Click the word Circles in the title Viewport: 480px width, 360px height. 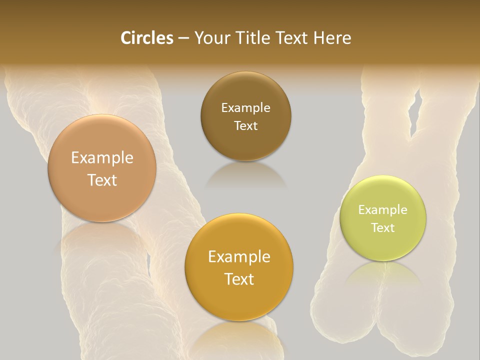pyautogui.click(x=146, y=38)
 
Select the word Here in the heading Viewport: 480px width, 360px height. pyautogui.click(x=332, y=38)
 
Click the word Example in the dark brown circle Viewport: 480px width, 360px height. pyautogui.click(x=245, y=108)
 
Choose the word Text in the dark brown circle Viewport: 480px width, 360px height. pyautogui.click(x=245, y=125)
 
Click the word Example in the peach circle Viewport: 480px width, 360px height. pyautogui.click(x=102, y=158)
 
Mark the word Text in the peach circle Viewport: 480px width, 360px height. pyautogui.click(x=102, y=180)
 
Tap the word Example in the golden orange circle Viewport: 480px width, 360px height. pyautogui.click(x=239, y=257)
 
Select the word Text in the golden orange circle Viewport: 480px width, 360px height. pyautogui.click(x=239, y=279)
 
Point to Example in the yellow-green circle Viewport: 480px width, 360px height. pyautogui.click(x=382, y=210)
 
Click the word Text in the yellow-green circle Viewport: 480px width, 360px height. pyautogui.click(x=382, y=227)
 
